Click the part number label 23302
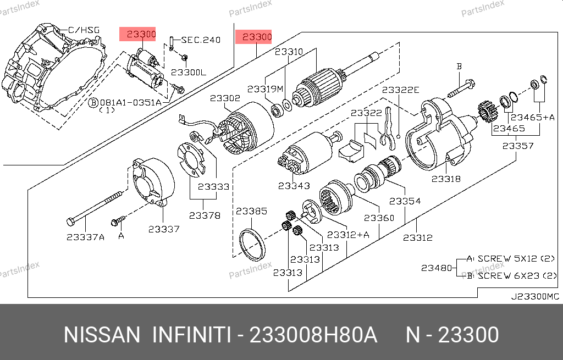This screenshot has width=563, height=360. pos(225,98)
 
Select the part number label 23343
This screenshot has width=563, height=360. pos(294,186)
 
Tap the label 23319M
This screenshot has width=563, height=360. pos(265,88)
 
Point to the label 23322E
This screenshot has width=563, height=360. pos(401,90)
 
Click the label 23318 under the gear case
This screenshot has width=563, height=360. pos(446,179)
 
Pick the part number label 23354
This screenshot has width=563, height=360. pos(405,201)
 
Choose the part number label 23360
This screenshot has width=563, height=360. pos(379,218)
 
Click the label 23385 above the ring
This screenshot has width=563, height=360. pos(251,211)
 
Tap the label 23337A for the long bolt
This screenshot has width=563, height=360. pos(85,237)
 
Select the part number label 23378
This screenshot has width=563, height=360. pos(205,215)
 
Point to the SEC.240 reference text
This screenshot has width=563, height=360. pos(201,40)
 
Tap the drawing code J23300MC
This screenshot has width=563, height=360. pos(535,297)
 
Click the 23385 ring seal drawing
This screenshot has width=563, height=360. pos(252,245)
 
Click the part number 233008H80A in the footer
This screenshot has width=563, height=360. pos(313,335)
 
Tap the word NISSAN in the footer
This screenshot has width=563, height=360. pos(102,335)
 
